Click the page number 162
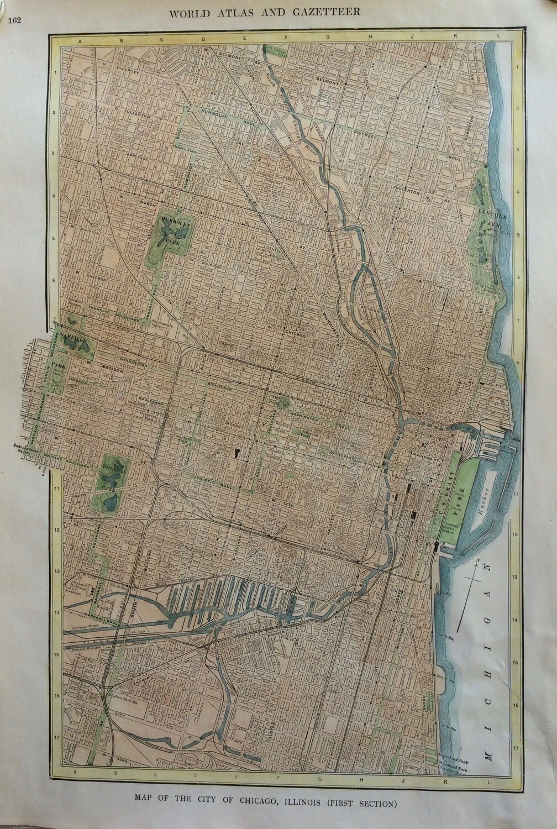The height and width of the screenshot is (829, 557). point(15,20)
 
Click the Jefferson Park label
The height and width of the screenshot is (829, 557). point(303,434)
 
